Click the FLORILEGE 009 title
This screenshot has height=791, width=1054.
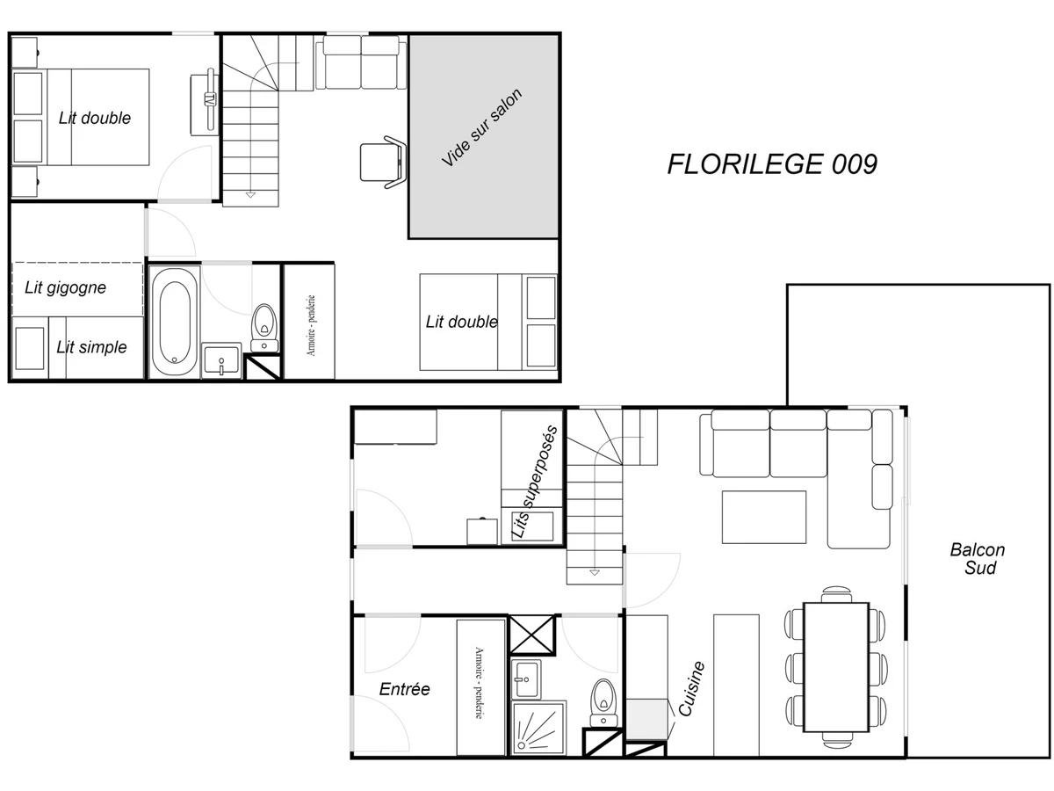point(772,164)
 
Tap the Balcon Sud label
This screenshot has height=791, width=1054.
point(978,559)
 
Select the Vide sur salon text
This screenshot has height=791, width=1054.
point(481,127)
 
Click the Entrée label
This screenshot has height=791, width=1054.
point(404,689)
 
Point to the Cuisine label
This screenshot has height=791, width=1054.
point(691,689)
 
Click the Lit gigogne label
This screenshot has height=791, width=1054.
point(65,287)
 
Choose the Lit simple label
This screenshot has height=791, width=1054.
point(91,347)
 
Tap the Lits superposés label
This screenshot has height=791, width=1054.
point(534,482)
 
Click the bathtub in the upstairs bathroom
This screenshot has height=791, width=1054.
point(174,322)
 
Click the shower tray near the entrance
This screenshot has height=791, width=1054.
point(538,728)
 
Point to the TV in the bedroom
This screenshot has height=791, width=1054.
point(210,100)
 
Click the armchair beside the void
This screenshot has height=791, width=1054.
point(383,163)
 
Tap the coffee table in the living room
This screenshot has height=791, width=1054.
point(763,517)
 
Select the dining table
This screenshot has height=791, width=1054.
point(836,667)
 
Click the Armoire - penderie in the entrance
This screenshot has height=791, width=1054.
point(481,687)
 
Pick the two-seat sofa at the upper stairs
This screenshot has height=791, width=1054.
point(361,62)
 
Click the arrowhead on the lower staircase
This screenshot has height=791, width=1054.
point(595,572)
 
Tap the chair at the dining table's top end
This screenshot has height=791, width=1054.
point(836,594)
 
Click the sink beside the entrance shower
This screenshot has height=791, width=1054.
point(526,679)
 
